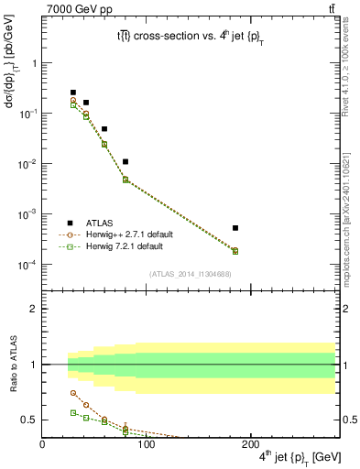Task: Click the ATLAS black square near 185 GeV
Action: pos(235,228)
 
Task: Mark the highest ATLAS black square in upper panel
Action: pos(73,93)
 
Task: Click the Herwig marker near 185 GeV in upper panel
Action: pos(235,251)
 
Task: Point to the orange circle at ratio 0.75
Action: pos(73,393)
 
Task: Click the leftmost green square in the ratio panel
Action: pos(73,413)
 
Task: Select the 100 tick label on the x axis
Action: pos(146,445)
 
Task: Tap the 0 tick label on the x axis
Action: pos(42,445)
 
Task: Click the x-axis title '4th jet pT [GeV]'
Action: pos(290,457)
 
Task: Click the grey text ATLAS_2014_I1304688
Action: pos(189,273)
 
